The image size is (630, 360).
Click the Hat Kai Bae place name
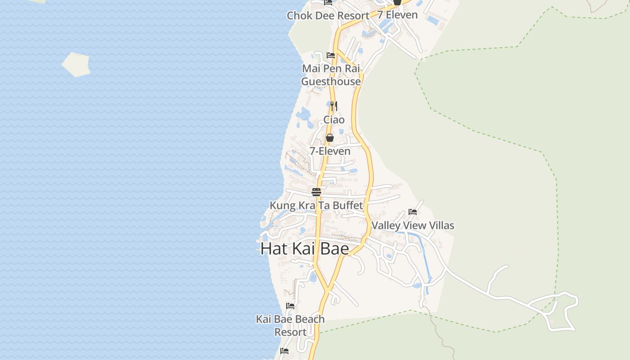coord(305,248)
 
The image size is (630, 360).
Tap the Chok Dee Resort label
coord(328,16)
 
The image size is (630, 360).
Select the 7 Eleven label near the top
coord(397,15)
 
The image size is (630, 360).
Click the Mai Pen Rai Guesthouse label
coord(331,75)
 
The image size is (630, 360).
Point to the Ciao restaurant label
coord(334,120)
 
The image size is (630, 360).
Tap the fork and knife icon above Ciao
coord(333,106)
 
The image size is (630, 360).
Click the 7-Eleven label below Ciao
coord(330,151)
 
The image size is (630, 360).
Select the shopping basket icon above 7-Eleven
coord(330,138)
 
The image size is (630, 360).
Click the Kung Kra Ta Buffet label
coord(316,206)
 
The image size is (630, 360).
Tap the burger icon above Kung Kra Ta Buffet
coord(316,192)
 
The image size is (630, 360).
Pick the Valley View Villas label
coord(413,225)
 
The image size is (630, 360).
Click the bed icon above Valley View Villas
coord(413,211)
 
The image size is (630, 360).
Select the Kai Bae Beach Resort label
coord(290,325)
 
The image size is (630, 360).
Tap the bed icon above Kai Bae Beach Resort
coord(290,306)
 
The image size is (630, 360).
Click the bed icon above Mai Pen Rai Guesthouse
coord(331,55)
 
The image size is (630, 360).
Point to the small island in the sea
coord(76,64)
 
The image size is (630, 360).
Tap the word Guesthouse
coord(331,81)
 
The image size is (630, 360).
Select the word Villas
coord(441,225)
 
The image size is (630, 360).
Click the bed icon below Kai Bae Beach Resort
coord(284,351)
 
